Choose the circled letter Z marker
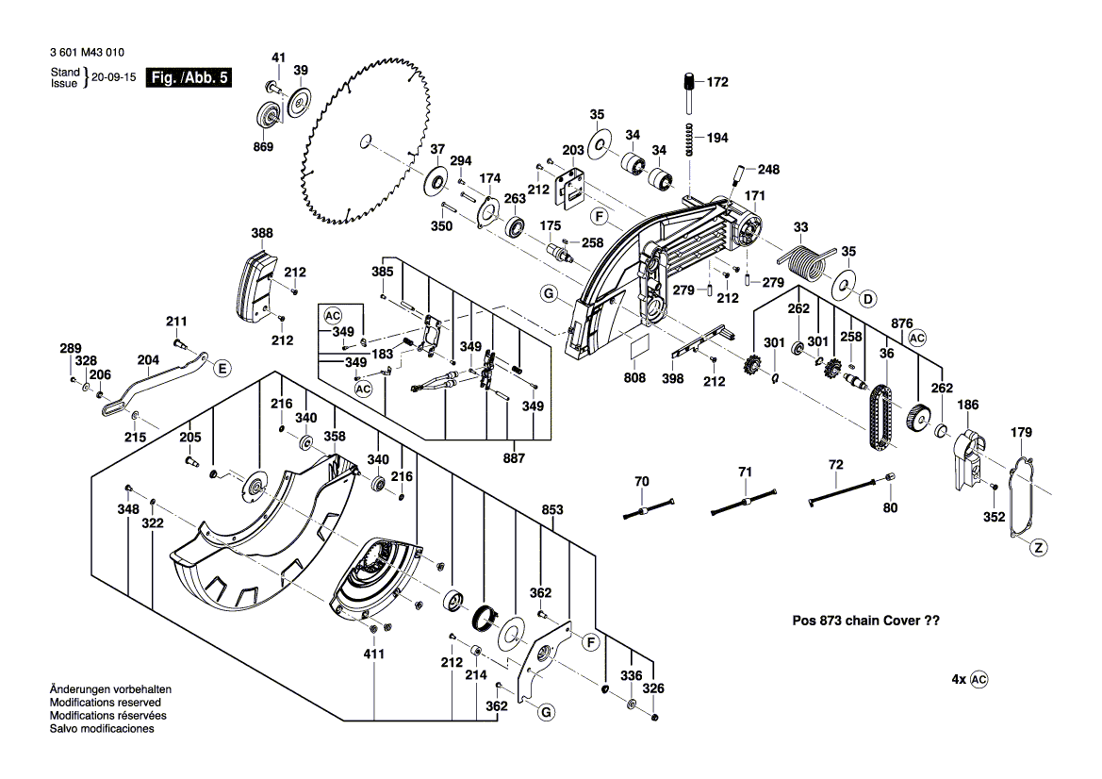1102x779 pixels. [1038, 547]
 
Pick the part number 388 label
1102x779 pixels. [262, 233]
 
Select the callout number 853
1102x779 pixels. [552, 510]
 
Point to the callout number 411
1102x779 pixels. [374, 653]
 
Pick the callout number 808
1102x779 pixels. [634, 377]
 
